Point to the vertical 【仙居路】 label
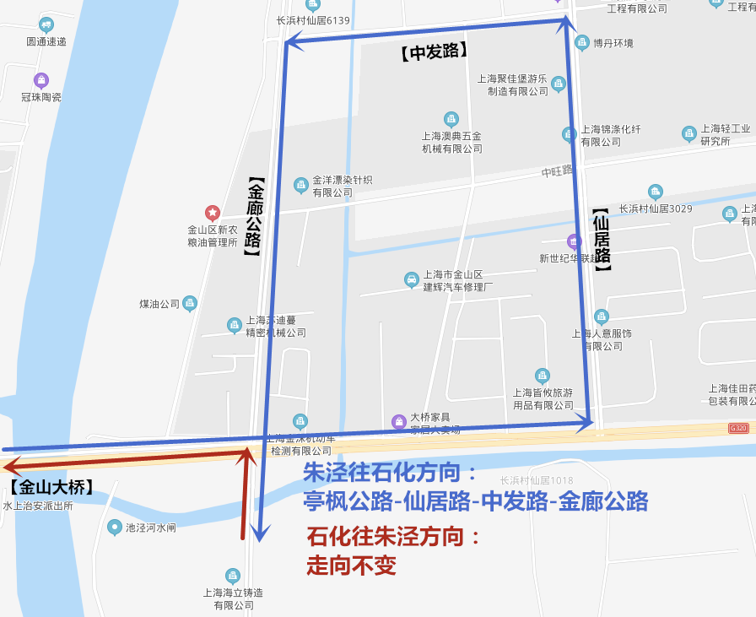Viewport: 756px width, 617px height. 601,240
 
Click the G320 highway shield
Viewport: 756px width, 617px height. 738,429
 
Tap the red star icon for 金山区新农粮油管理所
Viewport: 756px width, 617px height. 212,212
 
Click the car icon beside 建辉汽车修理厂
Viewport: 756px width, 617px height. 411,279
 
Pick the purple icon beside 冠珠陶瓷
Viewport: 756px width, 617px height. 41,80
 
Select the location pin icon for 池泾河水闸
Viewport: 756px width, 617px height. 115,528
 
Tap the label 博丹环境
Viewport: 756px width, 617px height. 613,43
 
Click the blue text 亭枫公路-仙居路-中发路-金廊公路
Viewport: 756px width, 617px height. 476,502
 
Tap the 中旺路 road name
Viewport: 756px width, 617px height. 557,171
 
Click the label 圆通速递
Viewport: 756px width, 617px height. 46,41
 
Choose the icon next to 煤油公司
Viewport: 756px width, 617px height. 190,302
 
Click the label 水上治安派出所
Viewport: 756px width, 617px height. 38,506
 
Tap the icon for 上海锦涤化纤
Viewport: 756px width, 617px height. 570,133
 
